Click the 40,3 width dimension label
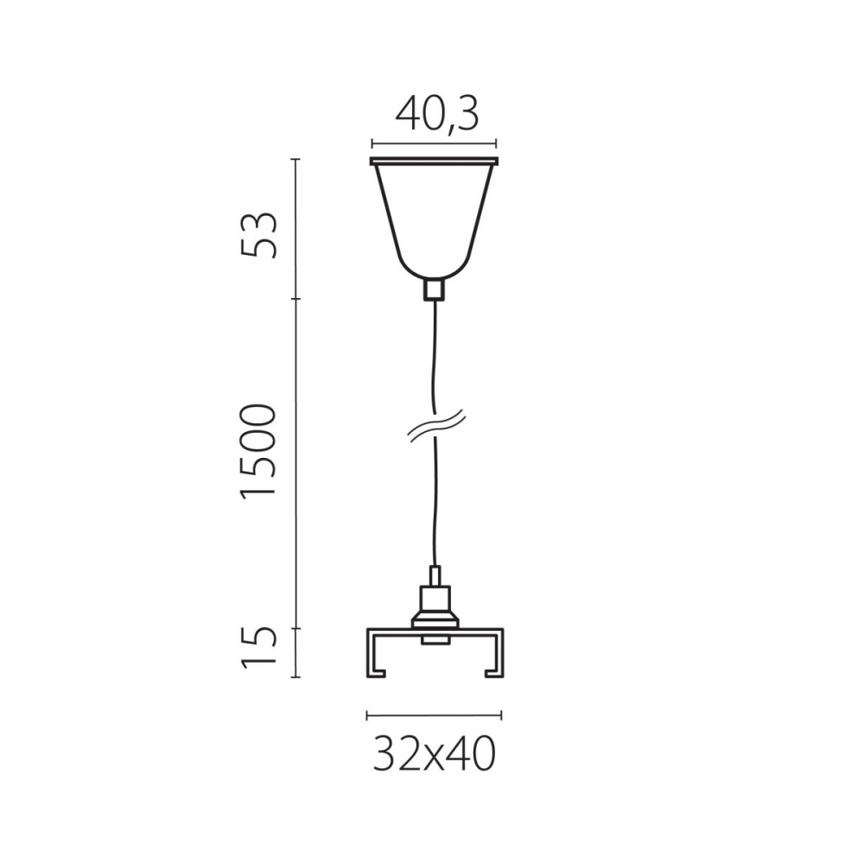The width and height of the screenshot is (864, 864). [x=437, y=115]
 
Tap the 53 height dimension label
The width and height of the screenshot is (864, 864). [x=258, y=234]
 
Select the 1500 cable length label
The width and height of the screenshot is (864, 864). [x=257, y=451]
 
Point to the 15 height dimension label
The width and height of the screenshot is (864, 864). [x=257, y=646]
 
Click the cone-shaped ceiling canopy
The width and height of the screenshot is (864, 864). [x=435, y=220]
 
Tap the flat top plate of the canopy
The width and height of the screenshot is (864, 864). [x=435, y=162]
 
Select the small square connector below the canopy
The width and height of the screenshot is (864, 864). [x=435, y=290]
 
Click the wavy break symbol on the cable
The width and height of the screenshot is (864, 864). [x=436, y=425]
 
